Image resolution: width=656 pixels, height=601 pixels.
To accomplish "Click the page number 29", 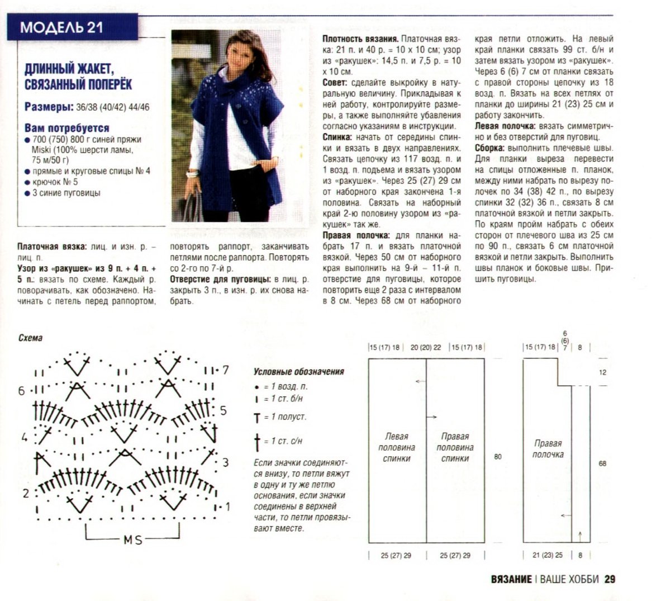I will (x=610, y=579).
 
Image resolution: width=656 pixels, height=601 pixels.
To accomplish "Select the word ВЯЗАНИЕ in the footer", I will (x=511, y=579).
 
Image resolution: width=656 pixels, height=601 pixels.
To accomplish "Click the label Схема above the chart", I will (x=30, y=338).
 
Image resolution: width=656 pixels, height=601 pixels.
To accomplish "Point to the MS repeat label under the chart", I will (x=132, y=540).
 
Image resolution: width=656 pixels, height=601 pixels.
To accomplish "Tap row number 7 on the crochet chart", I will (x=225, y=370).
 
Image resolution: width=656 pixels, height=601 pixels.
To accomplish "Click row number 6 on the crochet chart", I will (x=21, y=391).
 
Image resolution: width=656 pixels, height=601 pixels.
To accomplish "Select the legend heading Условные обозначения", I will (x=299, y=371).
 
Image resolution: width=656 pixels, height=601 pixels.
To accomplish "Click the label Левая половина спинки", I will (x=396, y=447).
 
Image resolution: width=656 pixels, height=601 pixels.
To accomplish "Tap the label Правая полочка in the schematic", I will (x=548, y=449).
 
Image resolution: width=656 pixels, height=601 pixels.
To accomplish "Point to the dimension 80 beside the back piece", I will (x=498, y=457).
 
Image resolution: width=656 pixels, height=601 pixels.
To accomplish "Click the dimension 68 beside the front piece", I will (x=602, y=463).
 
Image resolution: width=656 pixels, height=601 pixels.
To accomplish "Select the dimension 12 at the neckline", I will (x=602, y=372).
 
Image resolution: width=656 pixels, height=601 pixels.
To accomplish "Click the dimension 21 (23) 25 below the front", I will (x=548, y=556).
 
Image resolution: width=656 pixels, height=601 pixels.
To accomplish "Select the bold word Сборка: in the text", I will (x=489, y=148).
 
